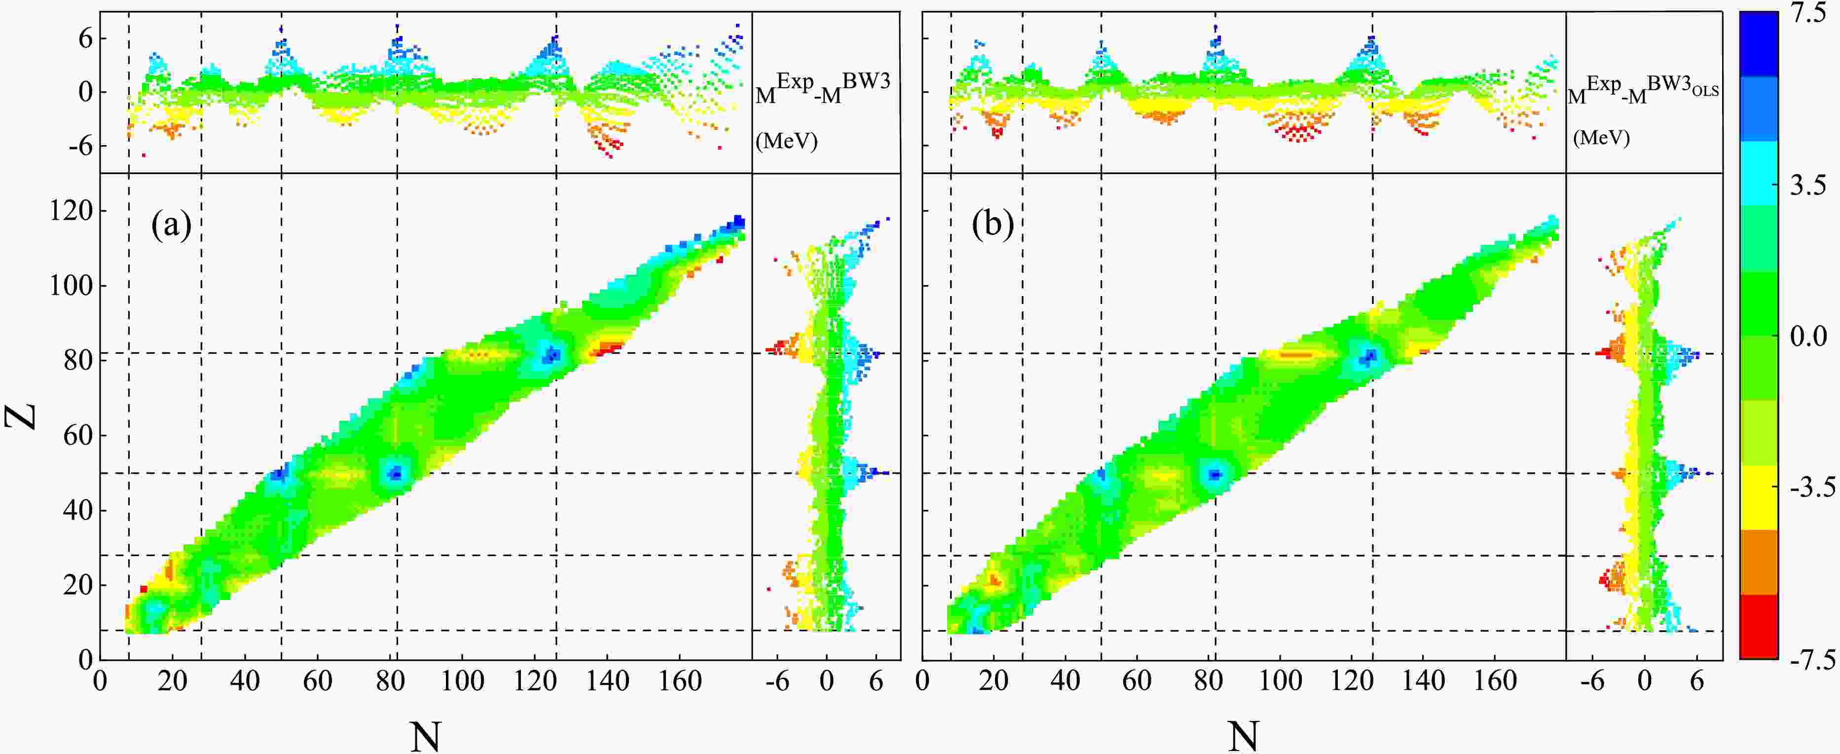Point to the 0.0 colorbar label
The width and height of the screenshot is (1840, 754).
tap(1808, 336)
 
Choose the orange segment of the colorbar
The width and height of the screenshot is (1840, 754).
tap(1759, 562)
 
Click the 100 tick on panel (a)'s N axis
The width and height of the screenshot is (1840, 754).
tap(462, 681)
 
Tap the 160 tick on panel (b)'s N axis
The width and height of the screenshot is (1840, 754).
tap(1496, 681)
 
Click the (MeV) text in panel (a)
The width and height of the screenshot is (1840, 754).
tap(786, 141)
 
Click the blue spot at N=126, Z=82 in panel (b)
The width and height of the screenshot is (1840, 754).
tap(1370, 355)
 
